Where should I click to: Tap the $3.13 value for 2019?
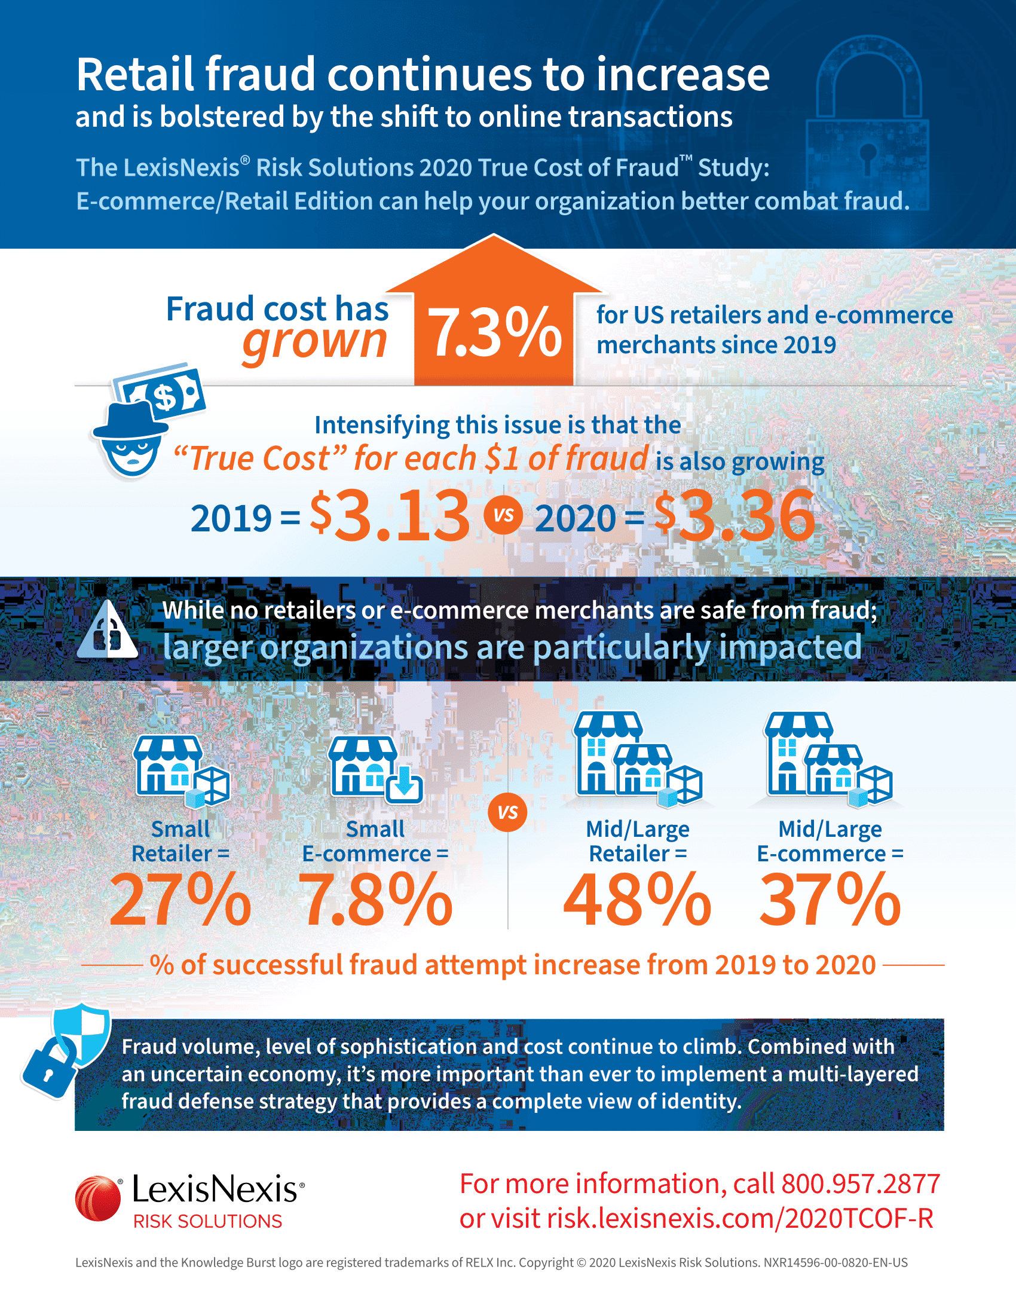click(x=390, y=515)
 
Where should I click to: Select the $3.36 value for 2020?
click(x=735, y=515)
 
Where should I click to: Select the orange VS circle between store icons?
click(x=508, y=812)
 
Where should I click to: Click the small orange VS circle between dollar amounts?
click(x=504, y=515)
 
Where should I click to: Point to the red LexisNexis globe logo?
click(x=97, y=1198)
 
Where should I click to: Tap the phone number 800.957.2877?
click(x=861, y=1183)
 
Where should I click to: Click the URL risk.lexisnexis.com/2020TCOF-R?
click(x=740, y=1219)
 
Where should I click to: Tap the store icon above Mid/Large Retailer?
click(x=638, y=759)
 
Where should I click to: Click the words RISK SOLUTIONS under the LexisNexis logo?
click(x=207, y=1222)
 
